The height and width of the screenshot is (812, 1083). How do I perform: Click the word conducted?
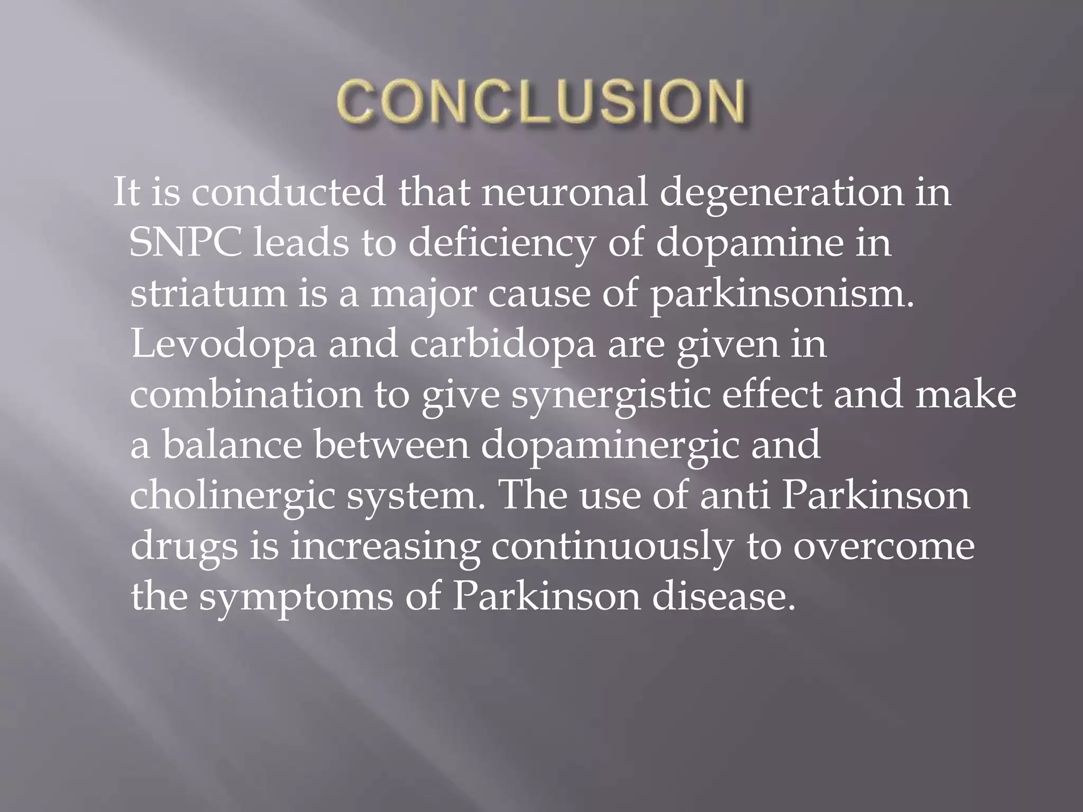pyautogui.click(x=288, y=192)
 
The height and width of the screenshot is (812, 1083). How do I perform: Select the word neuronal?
pyautogui.click(x=564, y=192)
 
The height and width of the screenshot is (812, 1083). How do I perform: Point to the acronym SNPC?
pyautogui.click(x=186, y=243)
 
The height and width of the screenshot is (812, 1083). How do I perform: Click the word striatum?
pyautogui.click(x=208, y=294)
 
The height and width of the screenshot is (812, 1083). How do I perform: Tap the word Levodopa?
pyautogui.click(x=224, y=345)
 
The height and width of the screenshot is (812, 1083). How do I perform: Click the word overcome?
pyautogui.click(x=883, y=547)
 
